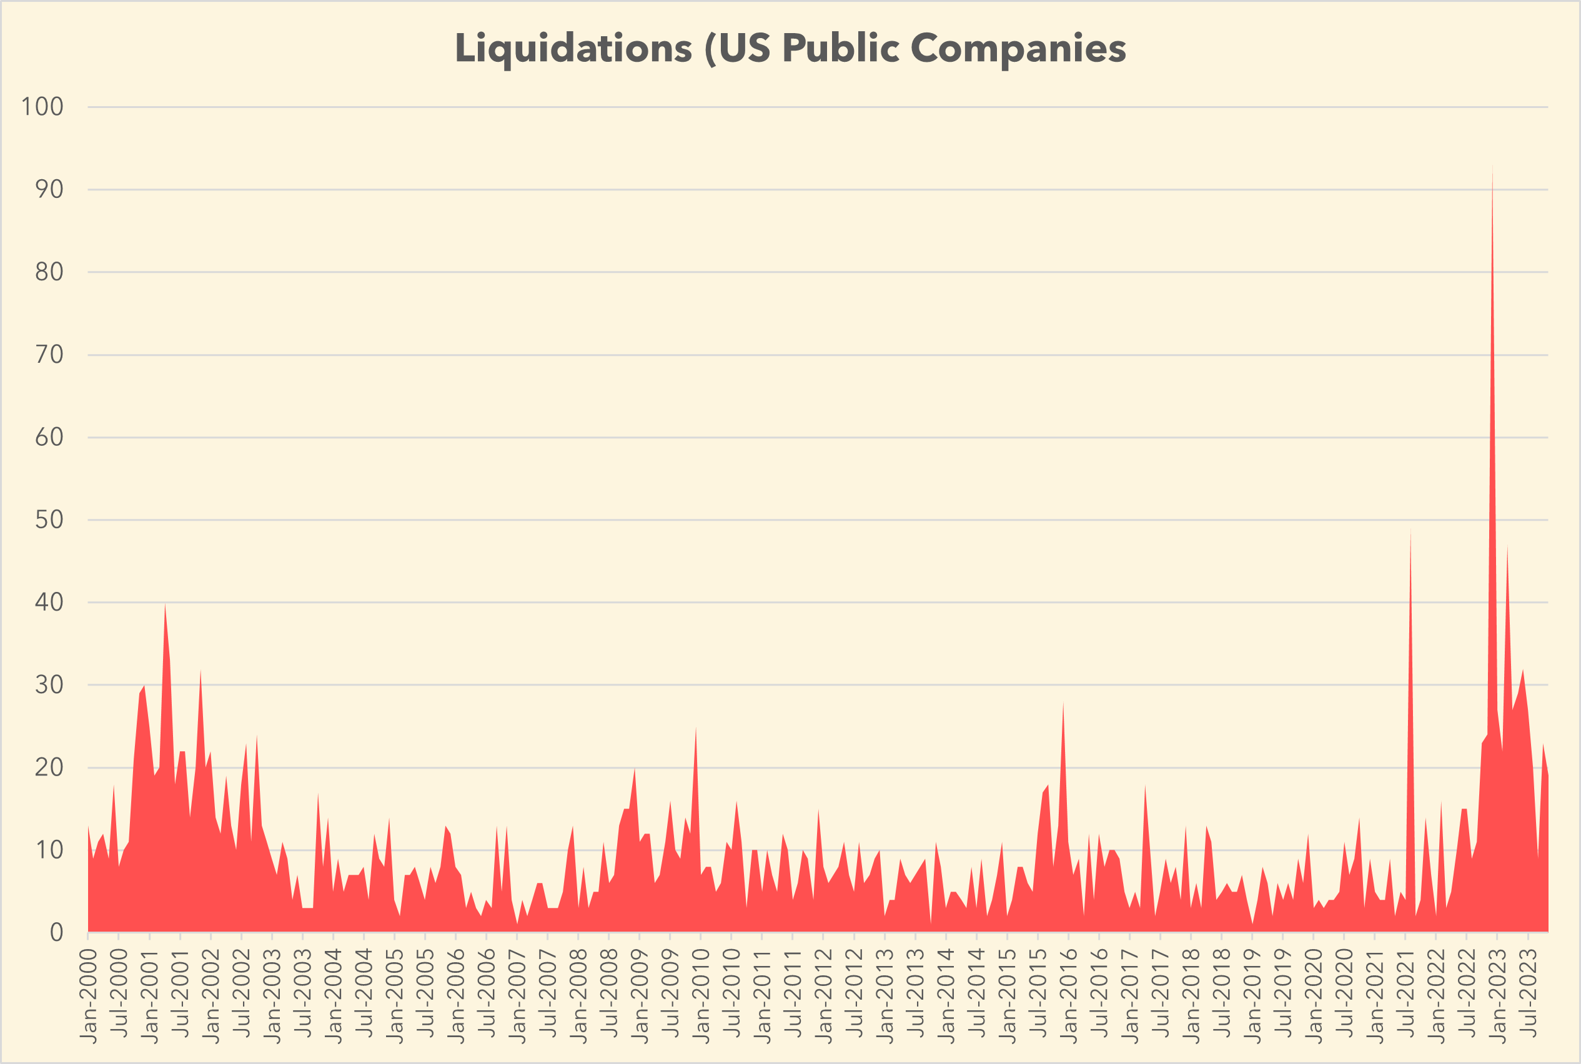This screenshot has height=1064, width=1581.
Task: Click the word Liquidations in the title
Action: pyautogui.click(x=573, y=49)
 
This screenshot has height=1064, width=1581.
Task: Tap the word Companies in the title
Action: pyautogui.click(x=1018, y=49)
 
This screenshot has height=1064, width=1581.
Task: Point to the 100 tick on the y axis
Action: pyautogui.click(x=42, y=107)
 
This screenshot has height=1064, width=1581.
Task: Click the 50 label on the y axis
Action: pyautogui.click(x=49, y=520)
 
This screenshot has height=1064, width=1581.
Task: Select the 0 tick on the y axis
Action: pyautogui.click(x=56, y=932)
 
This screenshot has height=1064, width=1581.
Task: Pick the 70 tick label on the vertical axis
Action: pyautogui.click(x=49, y=354)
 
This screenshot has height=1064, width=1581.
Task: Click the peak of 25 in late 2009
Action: pyautogui.click(x=696, y=728)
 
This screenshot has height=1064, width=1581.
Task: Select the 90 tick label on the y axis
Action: pyautogui.click(x=49, y=189)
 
